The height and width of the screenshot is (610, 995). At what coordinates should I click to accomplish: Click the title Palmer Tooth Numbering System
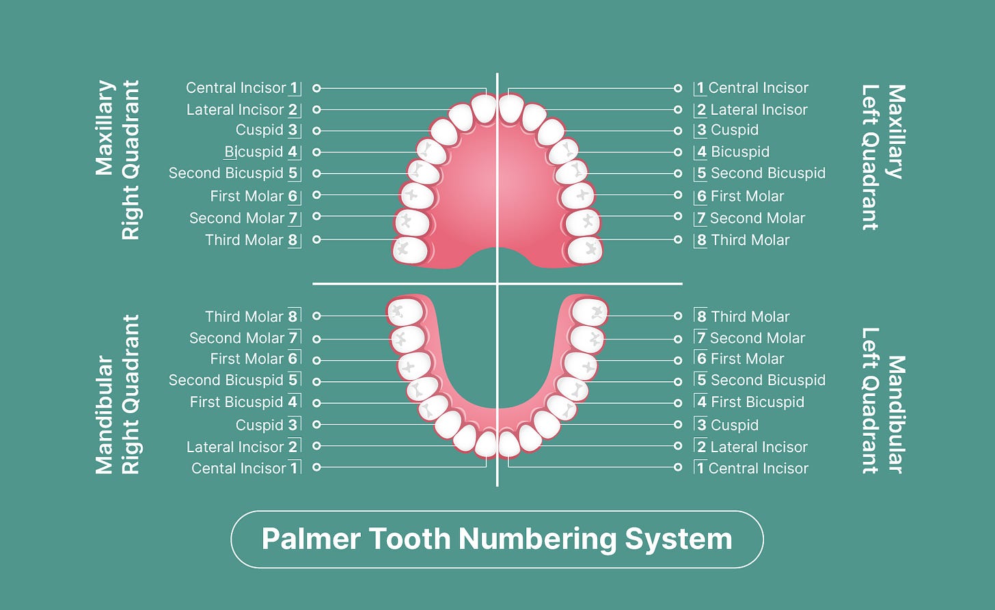[497, 539]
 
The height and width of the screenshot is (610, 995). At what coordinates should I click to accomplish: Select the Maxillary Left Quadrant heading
[883, 157]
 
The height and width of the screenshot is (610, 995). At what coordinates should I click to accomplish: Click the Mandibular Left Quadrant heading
[883, 400]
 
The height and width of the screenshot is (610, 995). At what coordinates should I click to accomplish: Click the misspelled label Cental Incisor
[238, 469]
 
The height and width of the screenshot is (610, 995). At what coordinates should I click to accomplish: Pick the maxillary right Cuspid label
[259, 130]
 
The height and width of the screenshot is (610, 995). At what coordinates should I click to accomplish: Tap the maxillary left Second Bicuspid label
[767, 173]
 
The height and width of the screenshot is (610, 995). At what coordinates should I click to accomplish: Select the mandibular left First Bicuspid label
[757, 402]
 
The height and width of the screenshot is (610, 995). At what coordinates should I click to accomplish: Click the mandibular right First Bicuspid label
[236, 402]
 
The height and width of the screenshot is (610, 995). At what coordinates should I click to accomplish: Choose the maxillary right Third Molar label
[244, 240]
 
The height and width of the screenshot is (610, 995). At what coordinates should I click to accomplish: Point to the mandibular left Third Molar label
[750, 316]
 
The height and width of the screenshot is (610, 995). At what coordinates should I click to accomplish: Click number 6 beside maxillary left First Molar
[701, 196]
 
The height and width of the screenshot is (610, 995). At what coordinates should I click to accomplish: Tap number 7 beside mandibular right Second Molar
[293, 337]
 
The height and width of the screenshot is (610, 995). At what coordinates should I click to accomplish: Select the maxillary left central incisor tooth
[510, 109]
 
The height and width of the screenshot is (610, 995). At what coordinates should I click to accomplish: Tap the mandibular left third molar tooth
[588, 311]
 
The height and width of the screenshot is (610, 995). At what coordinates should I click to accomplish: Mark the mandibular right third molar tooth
[405, 312]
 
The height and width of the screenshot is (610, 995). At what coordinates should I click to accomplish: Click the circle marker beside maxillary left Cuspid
[678, 130]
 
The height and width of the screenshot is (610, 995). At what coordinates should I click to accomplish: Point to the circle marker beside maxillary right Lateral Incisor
[316, 109]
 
